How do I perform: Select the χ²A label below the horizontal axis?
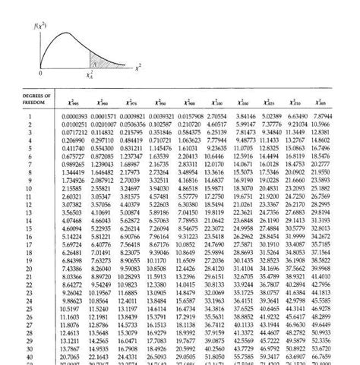pos(89,74)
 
